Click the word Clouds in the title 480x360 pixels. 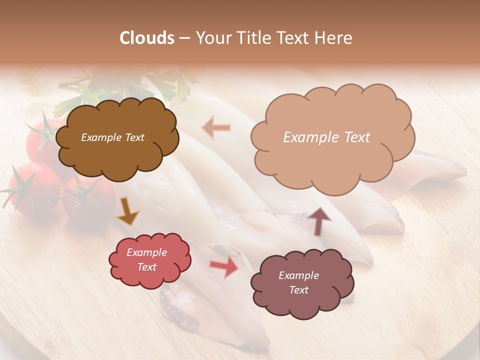click(x=147, y=38)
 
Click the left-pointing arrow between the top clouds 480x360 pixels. click(x=216, y=127)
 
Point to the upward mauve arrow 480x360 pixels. click(x=319, y=220)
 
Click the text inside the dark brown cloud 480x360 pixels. click(x=112, y=137)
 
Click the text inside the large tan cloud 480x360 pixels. click(x=326, y=137)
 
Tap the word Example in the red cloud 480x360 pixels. click(x=146, y=252)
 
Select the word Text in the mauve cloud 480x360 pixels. click(x=298, y=290)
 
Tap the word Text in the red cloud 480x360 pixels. click(x=146, y=267)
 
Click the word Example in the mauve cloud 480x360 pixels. click(x=298, y=275)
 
